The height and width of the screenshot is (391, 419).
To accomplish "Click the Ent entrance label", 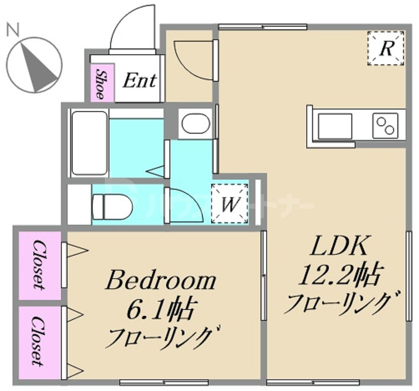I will point(139,80).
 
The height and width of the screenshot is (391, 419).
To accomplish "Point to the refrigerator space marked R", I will point(386,48).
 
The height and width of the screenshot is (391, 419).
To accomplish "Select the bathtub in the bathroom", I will point(88,143).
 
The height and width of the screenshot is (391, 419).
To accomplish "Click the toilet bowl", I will point(112,206).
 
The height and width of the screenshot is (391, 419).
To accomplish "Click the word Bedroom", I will point(161,281).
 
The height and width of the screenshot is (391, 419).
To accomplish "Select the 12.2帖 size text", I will point(338,276).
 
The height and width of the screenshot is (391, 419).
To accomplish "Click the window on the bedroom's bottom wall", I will point(164,382).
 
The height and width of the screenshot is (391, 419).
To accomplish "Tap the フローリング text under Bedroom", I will point(161,337).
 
